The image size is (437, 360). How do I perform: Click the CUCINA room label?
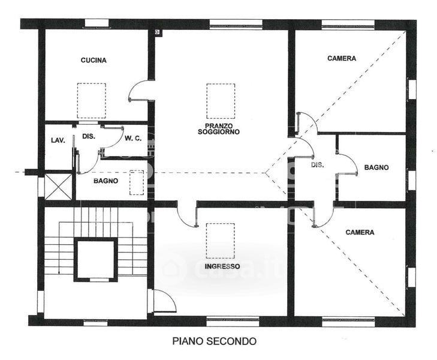tap(94, 60)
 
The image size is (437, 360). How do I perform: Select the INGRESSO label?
tap(221, 266)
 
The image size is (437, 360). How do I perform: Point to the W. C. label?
tap(133, 139)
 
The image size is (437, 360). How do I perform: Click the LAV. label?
tap(58, 140)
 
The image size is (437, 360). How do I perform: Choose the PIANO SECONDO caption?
tap(214, 341)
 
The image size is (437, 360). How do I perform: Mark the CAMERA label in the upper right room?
tap(342, 59)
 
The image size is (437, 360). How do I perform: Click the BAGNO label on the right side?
tap(376, 168)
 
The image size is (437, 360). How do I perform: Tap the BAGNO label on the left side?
tap(106, 180)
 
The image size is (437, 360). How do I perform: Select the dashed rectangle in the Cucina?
tap(91, 100)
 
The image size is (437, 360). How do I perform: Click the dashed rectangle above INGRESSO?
tap(220, 241)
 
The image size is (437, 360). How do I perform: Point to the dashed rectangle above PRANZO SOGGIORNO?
tap(221, 101)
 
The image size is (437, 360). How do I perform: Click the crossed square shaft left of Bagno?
tap(58, 185)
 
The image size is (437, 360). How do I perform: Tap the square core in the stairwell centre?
tap(95, 259)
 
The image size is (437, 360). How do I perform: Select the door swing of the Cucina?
tap(140, 91)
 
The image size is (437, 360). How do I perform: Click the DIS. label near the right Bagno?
tap(317, 164)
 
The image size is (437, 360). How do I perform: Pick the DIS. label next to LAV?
tap(89, 136)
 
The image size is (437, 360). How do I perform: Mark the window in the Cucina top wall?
tap(95, 23)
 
